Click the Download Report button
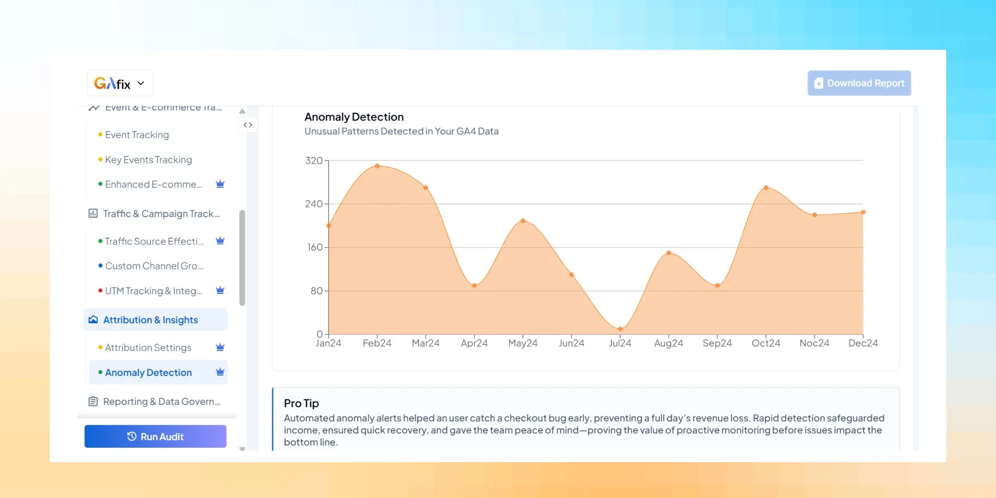(x=859, y=83)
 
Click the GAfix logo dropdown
(x=120, y=83)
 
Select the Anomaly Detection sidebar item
(x=148, y=373)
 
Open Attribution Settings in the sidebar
(x=148, y=348)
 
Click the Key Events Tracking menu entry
(x=148, y=160)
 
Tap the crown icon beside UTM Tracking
(x=220, y=290)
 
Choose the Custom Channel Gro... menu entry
(x=154, y=266)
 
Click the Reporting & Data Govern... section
(x=161, y=401)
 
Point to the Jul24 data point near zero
(x=620, y=329)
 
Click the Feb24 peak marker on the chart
(x=377, y=166)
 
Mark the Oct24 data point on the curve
(x=766, y=188)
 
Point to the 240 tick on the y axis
(x=314, y=204)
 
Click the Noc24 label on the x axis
(x=814, y=343)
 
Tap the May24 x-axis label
(x=522, y=343)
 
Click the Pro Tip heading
(x=301, y=403)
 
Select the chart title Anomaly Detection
(x=354, y=117)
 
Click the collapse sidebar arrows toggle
(x=248, y=124)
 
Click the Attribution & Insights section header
(x=150, y=320)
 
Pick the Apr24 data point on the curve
(x=474, y=286)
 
